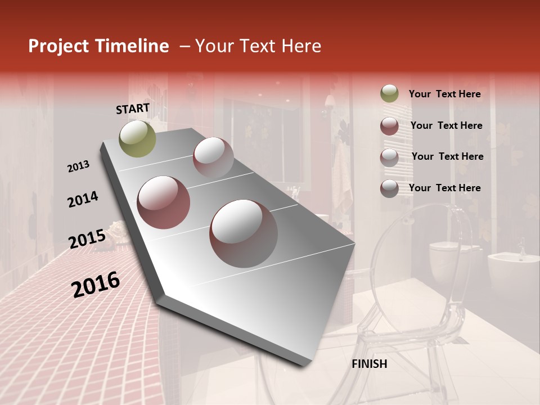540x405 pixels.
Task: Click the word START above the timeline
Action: (x=133, y=109)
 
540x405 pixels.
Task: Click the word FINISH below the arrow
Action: (x=369, y=364)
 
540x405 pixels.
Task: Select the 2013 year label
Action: (x=78, y=166)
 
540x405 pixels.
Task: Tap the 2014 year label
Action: (x=83, y=200)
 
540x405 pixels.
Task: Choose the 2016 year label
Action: (x=96, y=285)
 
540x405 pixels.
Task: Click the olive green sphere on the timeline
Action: (x=137, y=139)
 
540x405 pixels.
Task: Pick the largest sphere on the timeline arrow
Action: (x=244, y=233)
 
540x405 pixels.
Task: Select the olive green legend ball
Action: (x=389, y=94)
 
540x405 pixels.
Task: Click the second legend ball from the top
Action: (x=389, y=125)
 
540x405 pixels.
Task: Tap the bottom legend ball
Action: (x=389, y=188)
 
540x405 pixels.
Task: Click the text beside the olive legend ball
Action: (x=444, y=94)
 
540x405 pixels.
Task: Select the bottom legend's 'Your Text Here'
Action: (x=444, y=188)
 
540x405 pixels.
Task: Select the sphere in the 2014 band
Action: (x=164, y=202)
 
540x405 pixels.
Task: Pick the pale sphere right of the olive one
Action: (x=213, y=157)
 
